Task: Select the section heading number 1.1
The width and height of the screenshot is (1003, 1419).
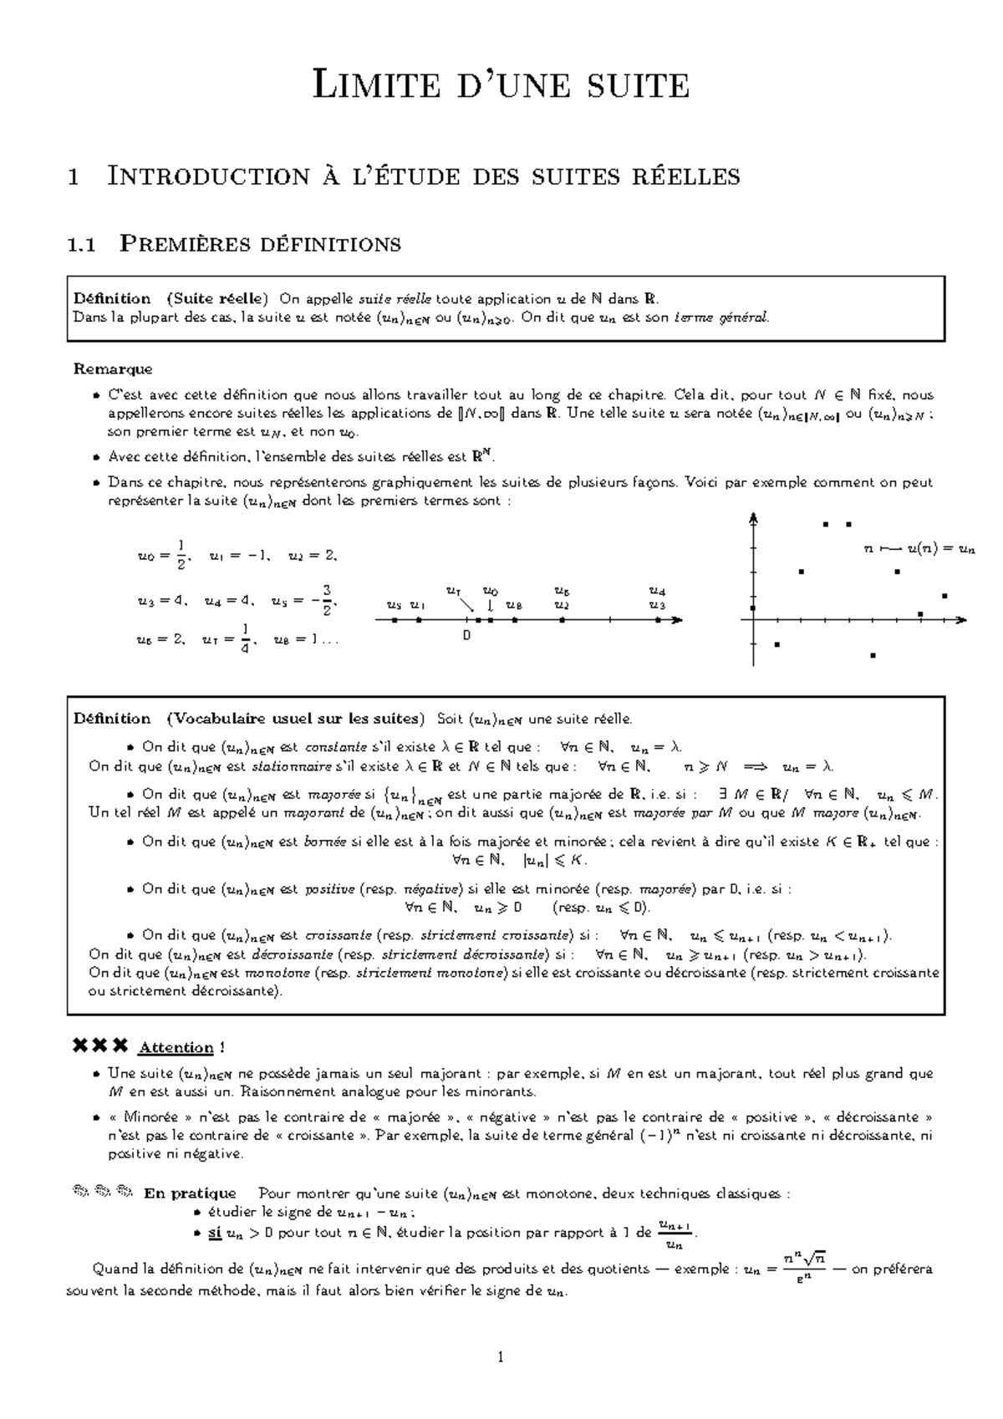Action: pyautogui.click(x=81, y=245)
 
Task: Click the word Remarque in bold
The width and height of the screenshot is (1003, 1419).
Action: pyautogui.click(x=113, y=369)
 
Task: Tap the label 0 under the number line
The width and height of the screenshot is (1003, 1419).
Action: pyautogui.click(x=466, y=636)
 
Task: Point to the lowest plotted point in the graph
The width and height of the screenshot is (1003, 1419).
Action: pyautogui.click(x=873, y=655)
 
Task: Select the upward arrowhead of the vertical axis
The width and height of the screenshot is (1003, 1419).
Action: pyautogui.click(x=755, y=518)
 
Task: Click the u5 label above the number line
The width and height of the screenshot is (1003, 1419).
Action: pyautogui.click(x=395, y=605)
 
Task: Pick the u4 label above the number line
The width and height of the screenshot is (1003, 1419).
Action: pyautogui.click(x=658, y=592)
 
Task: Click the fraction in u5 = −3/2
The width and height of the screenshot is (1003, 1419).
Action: pyautogui.click(x=328, y=600)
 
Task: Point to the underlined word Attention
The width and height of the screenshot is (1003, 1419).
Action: pyautogui.click(x=176, y=1048)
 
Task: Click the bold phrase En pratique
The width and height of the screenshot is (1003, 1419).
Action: pyautogui.click(x=190, y=1193)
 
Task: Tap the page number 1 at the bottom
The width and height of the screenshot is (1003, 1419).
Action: pyautogui.click(x=501, y=1357)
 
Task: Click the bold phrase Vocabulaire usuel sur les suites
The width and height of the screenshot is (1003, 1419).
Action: pyautogui.click(x=295, y=719)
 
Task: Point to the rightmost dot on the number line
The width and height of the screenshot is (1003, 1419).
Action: pyautogui.click(x=658, y=620)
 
